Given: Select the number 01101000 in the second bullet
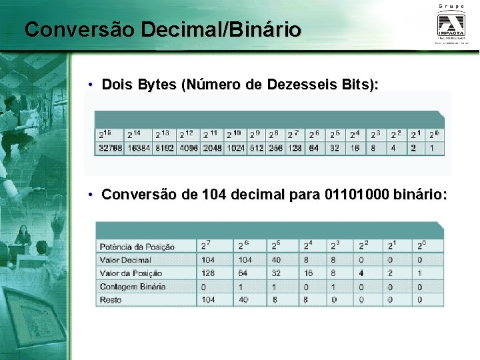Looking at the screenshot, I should click(357, 195).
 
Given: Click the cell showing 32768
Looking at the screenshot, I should click(110, 148).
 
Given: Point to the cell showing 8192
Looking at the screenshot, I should click(165, 148).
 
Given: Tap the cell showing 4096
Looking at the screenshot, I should click(189, 148).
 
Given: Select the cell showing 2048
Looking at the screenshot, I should click(213, 148).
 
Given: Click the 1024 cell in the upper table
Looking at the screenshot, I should click(236, 148).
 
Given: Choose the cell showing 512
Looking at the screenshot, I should click(257, 148).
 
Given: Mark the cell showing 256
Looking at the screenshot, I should click(275, 148).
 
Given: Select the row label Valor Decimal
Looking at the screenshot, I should click(125, 260).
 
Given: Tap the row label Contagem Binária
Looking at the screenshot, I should click(132, 287).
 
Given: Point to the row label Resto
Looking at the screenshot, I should click(111, 300).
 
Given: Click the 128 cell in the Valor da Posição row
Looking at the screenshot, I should click(208, 273).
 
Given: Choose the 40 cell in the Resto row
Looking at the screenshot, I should click(243, 300).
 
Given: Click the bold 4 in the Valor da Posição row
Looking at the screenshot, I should click(361, 273).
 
